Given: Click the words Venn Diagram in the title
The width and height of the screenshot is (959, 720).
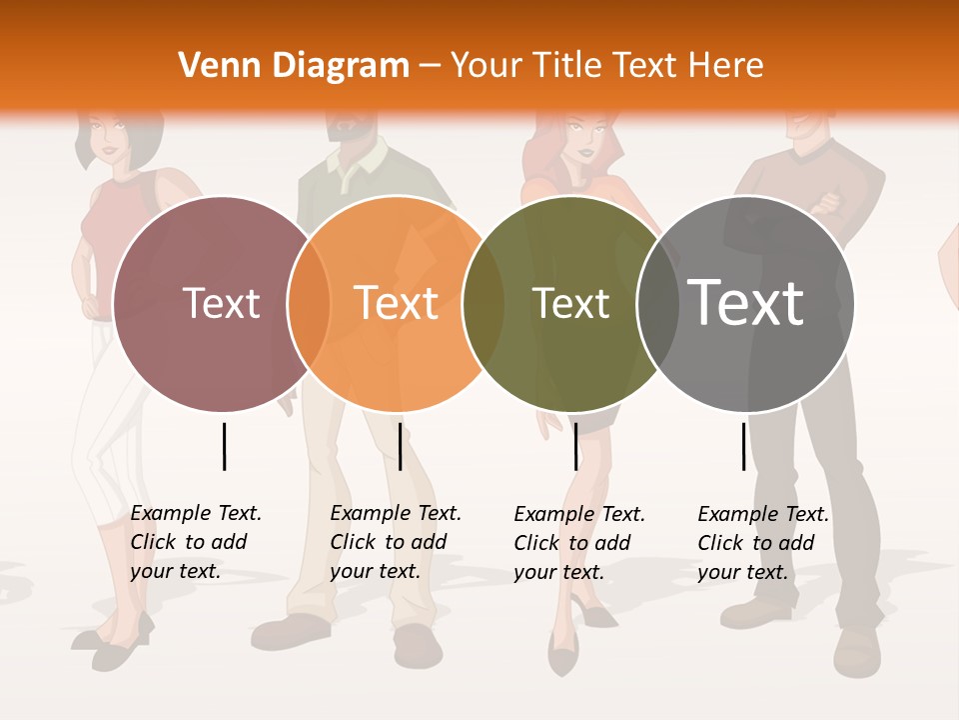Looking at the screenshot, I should coord(294,66).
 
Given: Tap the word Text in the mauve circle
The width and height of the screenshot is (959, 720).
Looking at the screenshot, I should coord(221,304).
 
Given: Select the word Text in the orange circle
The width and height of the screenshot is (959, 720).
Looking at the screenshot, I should coord(397,304).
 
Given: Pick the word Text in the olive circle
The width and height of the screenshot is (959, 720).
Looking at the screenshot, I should coord(570,304).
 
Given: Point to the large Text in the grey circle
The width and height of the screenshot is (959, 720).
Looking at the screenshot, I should coord(746,302).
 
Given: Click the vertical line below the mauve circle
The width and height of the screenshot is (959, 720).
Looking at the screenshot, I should coord(224,446).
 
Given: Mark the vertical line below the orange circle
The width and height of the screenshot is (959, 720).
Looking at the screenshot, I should coord(400,446).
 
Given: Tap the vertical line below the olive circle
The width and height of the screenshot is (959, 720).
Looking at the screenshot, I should coord(575,446).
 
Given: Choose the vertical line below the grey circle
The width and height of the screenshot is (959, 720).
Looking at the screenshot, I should coord(743,446).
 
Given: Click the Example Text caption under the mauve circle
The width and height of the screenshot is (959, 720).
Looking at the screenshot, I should coord(195,542).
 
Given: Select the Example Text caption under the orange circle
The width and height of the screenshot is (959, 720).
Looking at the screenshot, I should coord(395,542).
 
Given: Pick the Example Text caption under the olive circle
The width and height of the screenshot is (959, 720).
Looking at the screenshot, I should coord(578,543).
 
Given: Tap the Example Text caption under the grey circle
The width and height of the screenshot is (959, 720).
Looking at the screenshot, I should coord(762,543).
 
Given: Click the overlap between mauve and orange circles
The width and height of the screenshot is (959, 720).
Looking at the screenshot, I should coord(309,304).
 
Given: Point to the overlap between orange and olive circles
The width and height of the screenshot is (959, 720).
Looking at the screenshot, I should coord(483,304).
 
